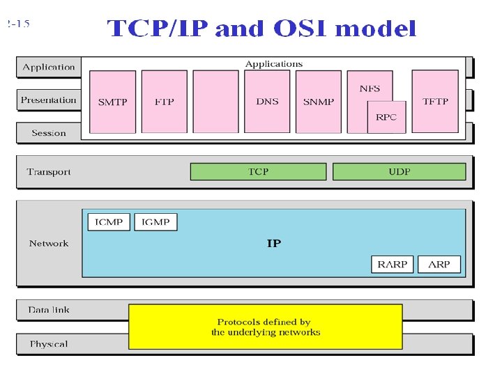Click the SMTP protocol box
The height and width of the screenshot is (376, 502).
tap(112, 102)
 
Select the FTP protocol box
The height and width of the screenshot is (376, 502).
tap(164, 102)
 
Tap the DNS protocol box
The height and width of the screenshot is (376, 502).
tap(267, 102)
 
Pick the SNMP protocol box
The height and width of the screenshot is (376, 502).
tap(319, 102)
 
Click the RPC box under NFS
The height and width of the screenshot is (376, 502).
tap(386, 117)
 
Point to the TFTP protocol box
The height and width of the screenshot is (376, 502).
tap(436, 102)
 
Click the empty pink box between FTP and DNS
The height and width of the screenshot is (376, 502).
tap(215, 102)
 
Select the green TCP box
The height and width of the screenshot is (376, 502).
tap(258, 171)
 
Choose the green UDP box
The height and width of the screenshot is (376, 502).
tap(399, 171)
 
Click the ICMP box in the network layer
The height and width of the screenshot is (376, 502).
tap(109, 222)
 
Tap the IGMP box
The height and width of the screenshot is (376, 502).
tap(155, 222)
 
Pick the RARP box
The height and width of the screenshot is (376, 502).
tap(393, 264)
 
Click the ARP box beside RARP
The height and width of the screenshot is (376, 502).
tap(439, 264)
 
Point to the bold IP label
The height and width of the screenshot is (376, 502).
tap(274, 244)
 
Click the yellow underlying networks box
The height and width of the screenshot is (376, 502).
tap(265, 327)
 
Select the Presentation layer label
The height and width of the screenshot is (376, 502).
tap(48, 100)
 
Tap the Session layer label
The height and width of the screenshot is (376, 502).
tap(49, 133)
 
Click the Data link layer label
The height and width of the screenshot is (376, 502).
tap(49, 310)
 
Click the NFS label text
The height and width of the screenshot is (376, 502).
tap(370, 88)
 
